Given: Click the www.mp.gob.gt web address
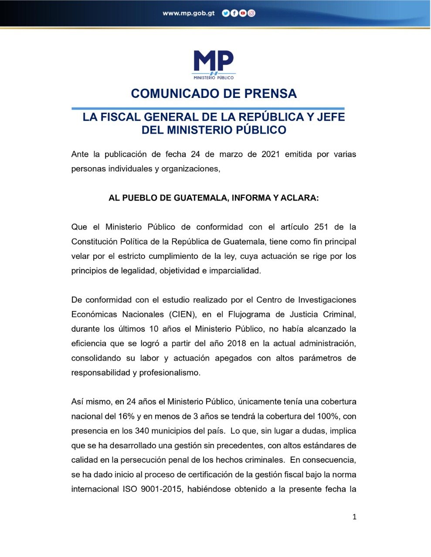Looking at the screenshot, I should click(x=188, y=13).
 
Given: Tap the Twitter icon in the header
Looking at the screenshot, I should click(x=225, y=13).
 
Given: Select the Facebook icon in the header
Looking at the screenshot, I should click(x=234, y=13).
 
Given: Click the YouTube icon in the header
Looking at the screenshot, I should click(x=243, y=13).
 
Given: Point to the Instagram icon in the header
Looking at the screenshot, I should click(x=251, y=13).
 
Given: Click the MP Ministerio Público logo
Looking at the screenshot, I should click(x=214, y=64).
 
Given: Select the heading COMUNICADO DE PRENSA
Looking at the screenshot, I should click(x=214, y=94).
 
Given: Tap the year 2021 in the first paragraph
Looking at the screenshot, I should click(x=271, y=154).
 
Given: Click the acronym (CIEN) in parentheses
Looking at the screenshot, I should click(x=180, y=315).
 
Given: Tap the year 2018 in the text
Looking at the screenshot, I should click(x=237, y=344).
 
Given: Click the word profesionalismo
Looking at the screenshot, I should click(x=170, y=373).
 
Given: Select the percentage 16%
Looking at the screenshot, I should click(x=126, y=416).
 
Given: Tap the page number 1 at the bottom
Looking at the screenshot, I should click(x=354, y=517).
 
